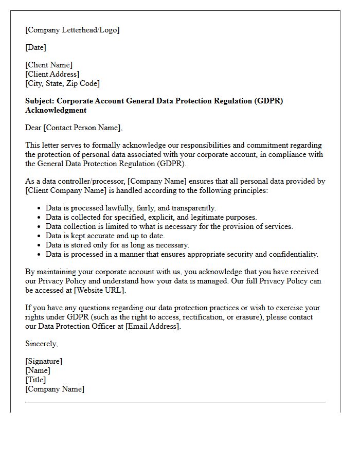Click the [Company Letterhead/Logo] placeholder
tap(72, 30)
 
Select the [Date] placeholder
tap(35, 47)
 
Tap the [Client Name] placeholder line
tap(49, 65)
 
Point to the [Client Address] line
tap(52, 74)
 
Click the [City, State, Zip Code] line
tap(62, 83)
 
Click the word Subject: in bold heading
tap(41, 101)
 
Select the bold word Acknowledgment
tap(56, 110)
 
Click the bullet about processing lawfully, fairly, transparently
tap(131, 208)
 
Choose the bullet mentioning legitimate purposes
tap(151, 217)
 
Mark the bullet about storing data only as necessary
tap(117, 245)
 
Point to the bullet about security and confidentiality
tap(182, 254)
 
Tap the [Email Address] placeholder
tap(153, 326)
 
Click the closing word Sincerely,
tap(41, 344)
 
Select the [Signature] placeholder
tap(44, 361)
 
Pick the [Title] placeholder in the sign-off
tap(35, 380)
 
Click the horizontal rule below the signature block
tap(175, 402)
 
